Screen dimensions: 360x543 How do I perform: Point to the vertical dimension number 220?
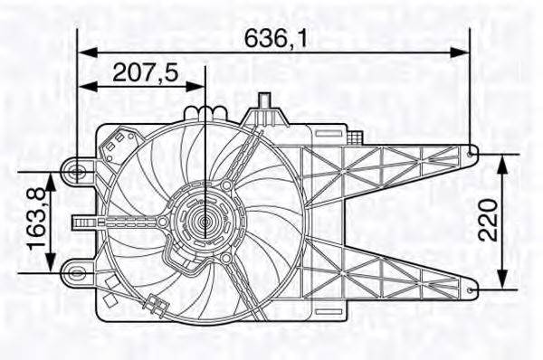coord(489,220)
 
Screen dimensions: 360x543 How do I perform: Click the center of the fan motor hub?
coord(205,220)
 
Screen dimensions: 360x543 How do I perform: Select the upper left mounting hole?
coord(79,169)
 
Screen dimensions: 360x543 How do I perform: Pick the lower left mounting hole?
coord(79,269)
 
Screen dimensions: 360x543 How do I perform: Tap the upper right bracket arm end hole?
coord(472,153)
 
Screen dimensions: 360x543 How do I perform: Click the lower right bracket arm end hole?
coord(472,288)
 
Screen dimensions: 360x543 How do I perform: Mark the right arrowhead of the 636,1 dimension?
coord(463,52)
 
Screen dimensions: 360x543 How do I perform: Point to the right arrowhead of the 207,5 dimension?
coord(198,87)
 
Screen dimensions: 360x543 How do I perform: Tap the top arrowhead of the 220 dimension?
coord(504,160)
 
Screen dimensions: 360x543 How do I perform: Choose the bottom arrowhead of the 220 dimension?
coord(504,280)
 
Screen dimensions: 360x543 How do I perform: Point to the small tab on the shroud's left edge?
coord(82,220)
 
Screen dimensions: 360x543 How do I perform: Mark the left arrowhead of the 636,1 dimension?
coord(85,52)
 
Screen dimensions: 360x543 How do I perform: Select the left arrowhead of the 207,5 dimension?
coord(86,87)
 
